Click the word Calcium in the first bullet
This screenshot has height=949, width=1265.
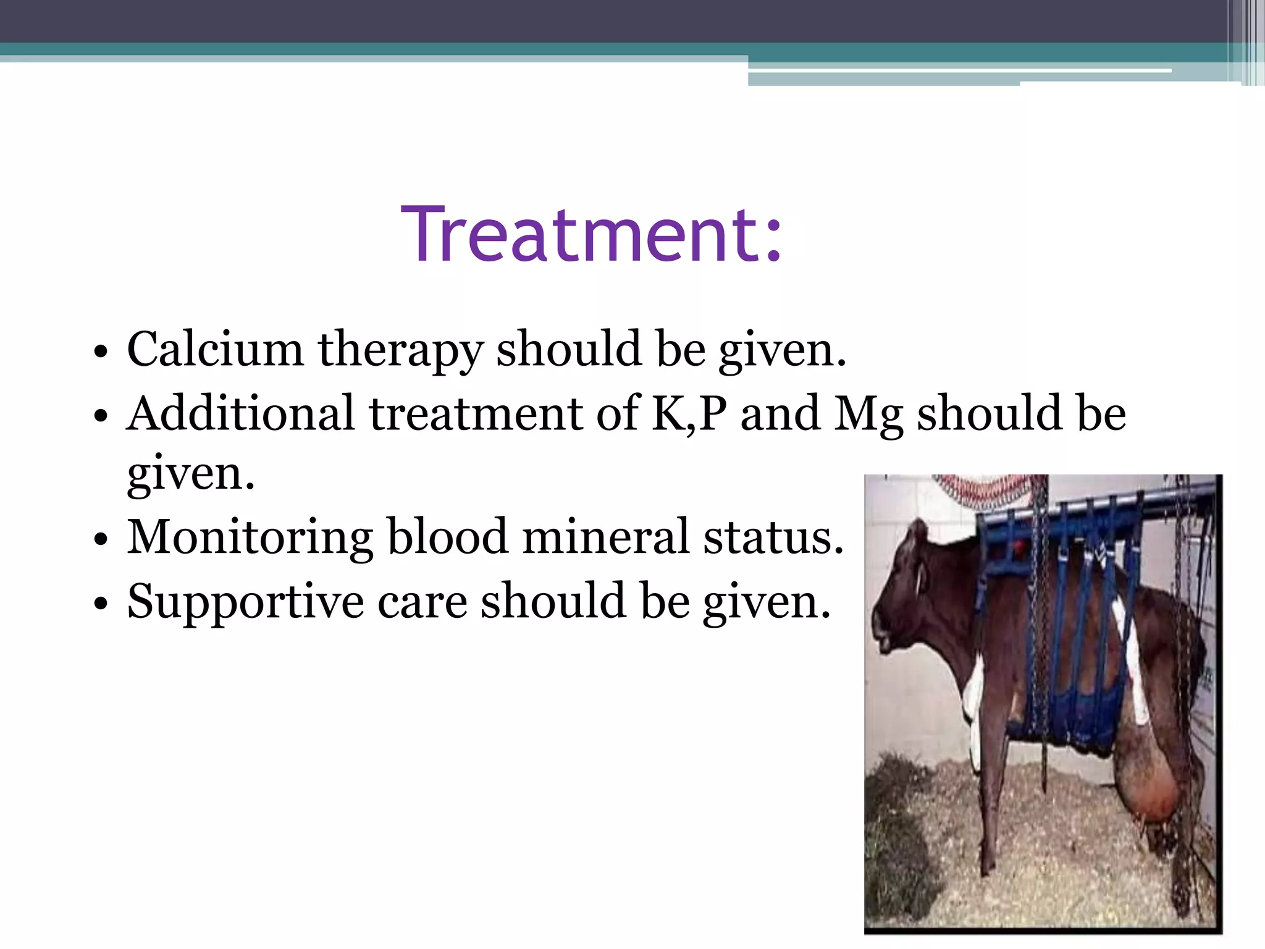[x=215, y=350]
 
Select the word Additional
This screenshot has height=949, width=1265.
[x=240, y=414]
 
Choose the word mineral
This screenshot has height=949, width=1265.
[x=605, y=537]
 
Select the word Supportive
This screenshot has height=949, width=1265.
[x=245, y=602]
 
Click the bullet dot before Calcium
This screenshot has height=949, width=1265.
[x=101, y=353]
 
